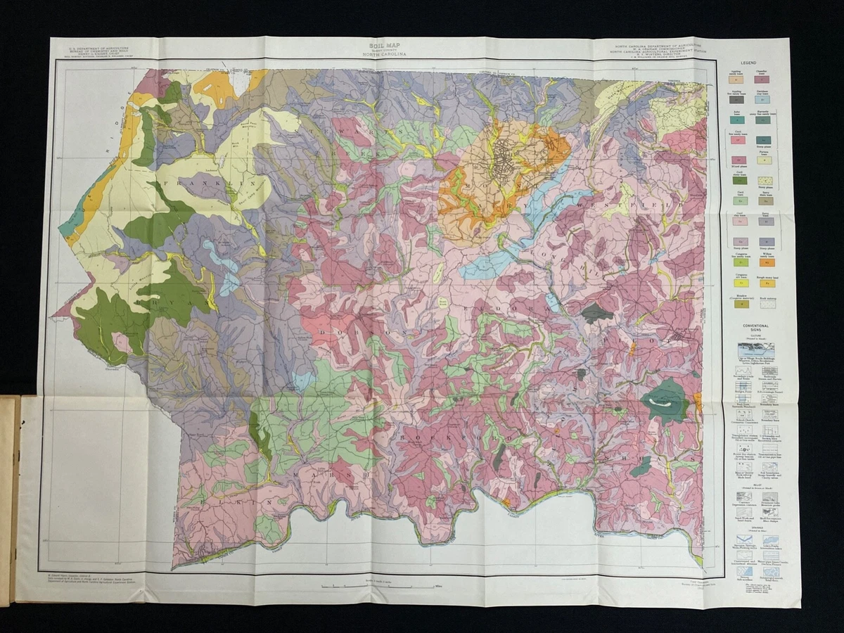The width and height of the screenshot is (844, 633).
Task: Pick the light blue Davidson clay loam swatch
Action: [x=762, y=100]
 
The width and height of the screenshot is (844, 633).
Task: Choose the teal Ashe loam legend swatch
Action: [x=737, y=120]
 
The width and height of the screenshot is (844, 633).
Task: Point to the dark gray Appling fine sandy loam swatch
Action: [x=736, y=100]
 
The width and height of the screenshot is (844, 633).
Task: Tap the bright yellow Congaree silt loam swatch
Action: [x=741, y=283]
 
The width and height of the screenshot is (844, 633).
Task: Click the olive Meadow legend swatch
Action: [x=741, y=303]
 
